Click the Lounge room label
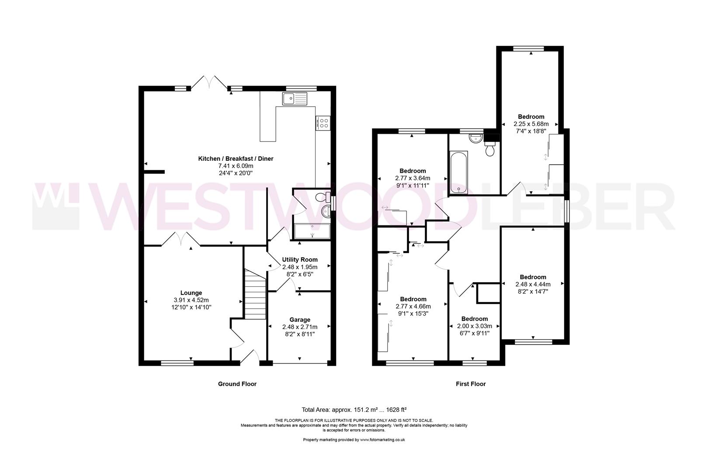(x=191, y=293)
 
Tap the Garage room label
(x=300, y=319)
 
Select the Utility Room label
(x=300, y=260)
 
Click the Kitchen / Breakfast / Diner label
(x=236, y=159)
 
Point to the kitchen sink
(x=295, y=99)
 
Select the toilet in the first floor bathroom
(x=490, y=149)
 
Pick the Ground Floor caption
(x=237, y=384)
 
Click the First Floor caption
(x=471, y=384)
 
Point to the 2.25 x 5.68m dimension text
(x=531, y=124)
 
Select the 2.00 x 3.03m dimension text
(x=475, y=326)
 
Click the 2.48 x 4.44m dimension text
(x=533, y=284)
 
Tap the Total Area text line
(x=354, y=410)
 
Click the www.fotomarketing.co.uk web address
(x=382, y=440)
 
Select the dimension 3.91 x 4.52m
(x=191, y=300)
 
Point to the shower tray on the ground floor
(x=312, y=231)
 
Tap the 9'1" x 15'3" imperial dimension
(x=413, y=314)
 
